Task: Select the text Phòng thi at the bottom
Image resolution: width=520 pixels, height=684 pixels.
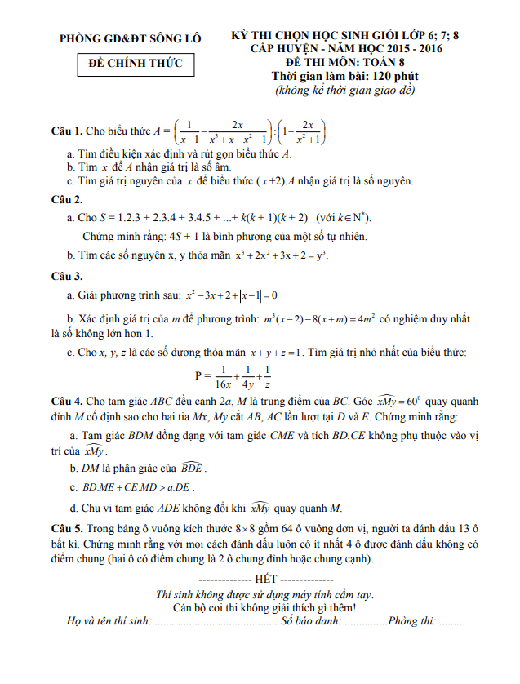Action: (412, 622)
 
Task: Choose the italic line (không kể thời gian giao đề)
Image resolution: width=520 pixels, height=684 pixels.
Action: (345, 89)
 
